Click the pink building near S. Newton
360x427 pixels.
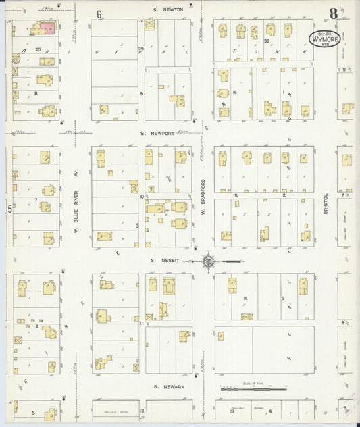(x=47, y=28)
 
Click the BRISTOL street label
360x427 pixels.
(x=326, y=200)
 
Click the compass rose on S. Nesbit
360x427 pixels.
(x=209, y=260)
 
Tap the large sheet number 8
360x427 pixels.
(x=333, y=14)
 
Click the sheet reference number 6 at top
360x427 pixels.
(x=99, y=14)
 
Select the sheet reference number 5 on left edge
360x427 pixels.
(x=9, y=209)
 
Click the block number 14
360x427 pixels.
(x=247, y=298)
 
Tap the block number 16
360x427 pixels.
(x=234, y=92)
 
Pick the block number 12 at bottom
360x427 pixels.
(x=142, y=410)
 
